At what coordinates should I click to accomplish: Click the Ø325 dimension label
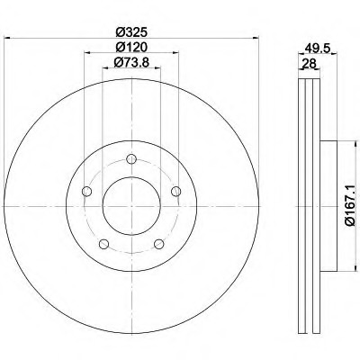coord(131,31)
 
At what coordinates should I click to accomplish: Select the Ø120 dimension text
coord(131,47)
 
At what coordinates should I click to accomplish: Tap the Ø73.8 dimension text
coord(131,62)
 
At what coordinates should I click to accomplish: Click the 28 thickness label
coord(310,63)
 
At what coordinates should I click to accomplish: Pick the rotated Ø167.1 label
coord(350,205)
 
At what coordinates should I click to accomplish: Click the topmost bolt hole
coord(131,159)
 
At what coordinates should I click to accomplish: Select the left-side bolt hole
coord(86,191)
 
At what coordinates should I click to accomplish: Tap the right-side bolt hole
coord(176,191)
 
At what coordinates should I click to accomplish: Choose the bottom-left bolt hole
coord(103,244)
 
